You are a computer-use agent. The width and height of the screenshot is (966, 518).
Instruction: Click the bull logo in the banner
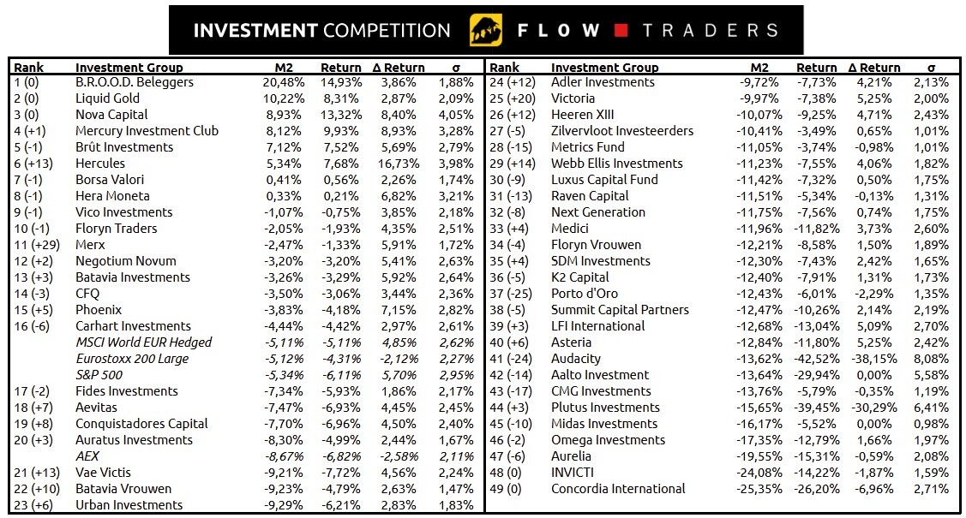click(x=486, y=30)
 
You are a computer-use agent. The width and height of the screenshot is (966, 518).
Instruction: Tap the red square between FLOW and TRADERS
click(x=622, y=31)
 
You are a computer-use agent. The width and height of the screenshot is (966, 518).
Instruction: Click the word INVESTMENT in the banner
click(x=255, y=31)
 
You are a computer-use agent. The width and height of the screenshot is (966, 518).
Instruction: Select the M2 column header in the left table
click(x=285, y=68)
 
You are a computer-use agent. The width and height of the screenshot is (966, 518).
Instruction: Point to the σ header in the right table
click(x=932, y=68)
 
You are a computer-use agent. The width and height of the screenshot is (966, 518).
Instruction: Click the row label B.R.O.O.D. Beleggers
click(x=135, y=82)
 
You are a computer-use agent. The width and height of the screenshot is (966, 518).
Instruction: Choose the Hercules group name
click(x=100, y=164)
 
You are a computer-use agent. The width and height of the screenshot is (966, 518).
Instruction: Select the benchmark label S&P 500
click(x=99, y=375)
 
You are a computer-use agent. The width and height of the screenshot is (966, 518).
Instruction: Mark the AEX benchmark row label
click(x=88, y=456)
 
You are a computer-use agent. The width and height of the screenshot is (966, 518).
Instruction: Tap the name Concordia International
click(x=618, y=489)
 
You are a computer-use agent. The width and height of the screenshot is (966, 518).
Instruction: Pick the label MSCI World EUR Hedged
click(x=143, y=342)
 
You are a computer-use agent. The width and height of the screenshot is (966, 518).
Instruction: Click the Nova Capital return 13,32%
click(x=341, y=115)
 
